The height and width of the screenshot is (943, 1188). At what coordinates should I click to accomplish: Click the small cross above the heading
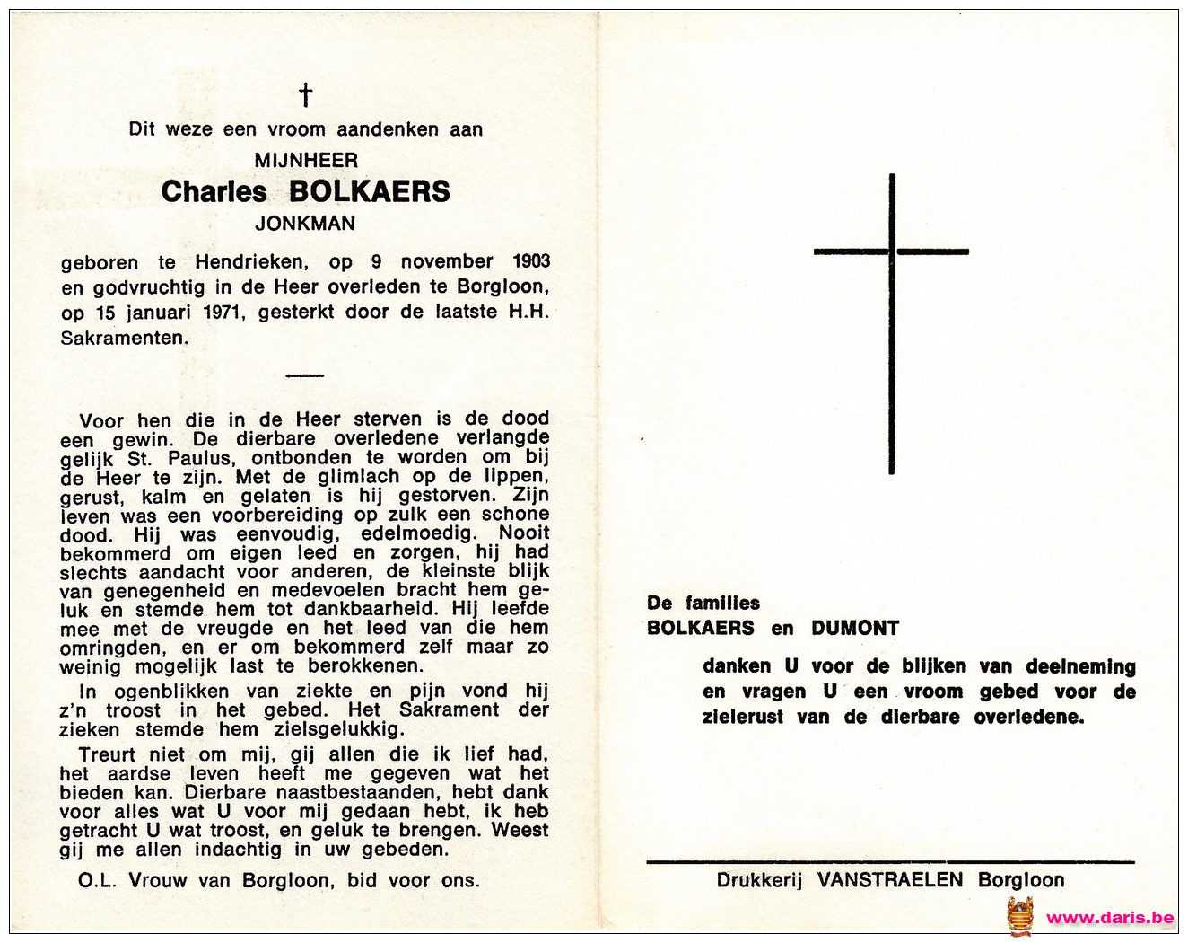click(305, 94)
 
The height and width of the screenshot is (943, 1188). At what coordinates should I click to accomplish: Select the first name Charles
click(214, 191)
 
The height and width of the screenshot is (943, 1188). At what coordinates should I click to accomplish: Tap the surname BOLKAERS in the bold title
click(370, 191)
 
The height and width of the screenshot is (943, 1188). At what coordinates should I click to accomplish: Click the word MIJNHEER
click(306, 161)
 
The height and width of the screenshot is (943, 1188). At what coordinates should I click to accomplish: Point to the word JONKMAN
click(305, 224)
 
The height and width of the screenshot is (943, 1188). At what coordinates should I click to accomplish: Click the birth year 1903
click(531, 261)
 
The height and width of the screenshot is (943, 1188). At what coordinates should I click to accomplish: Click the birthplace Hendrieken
click(251, 262)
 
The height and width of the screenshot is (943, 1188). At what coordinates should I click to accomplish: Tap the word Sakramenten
click(125, 339)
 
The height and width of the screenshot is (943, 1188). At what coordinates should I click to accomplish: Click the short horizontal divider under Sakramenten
click(305, 375)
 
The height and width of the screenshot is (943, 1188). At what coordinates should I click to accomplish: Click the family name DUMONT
click(855, 629)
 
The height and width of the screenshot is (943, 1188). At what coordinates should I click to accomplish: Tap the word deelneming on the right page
click(1080, 666)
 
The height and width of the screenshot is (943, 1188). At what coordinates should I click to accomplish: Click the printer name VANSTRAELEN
click(890, 880)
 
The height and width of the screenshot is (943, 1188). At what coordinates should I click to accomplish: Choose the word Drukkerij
click(759, 880)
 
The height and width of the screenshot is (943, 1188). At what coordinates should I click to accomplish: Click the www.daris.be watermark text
click(1110, 918)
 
